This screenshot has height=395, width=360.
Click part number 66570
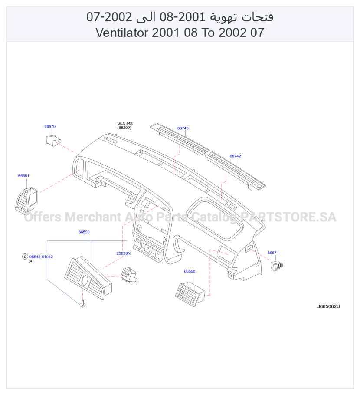pos(50,126)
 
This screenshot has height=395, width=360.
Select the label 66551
pos(23,176)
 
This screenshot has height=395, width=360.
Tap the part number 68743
pos(183,128)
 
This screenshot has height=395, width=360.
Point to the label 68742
pos(235,156)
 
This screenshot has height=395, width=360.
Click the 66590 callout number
pos(84,232)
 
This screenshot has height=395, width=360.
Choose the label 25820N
pos(123,253)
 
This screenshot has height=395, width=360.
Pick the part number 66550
pos(190,271)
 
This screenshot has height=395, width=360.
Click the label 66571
pos(273,253)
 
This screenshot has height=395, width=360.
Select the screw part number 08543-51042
pos(41,257)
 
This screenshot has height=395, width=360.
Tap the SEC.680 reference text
pos(125,123)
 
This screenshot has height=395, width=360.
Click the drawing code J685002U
pos(328,306)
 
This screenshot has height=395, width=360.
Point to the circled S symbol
pos(25,257)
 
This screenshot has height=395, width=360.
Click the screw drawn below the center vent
pos(82,304)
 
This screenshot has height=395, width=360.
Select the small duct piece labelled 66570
pos(53,140)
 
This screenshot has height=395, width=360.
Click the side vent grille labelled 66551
pos(27,199)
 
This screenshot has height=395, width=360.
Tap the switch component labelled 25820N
pos(129,275)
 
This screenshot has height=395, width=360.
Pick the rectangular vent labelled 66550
pos(190,294)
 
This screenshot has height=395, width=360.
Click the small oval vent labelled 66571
pos(277,266)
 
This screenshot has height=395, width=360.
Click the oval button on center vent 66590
pos(85,280)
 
